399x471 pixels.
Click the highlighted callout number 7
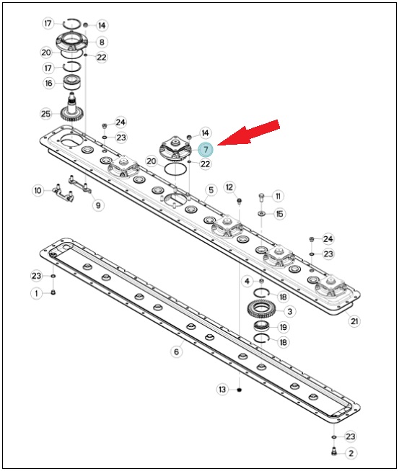(206, 149)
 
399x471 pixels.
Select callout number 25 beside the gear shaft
(45, 114)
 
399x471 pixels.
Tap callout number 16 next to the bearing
(48, 83)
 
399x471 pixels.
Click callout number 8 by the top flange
(102, 42)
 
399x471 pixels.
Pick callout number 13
(222, 390)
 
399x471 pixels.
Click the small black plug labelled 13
(240, 390)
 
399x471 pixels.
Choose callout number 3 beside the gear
(290, 311)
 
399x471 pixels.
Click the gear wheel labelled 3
(261, 309)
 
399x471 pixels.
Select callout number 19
(283, 327)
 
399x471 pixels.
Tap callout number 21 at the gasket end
(354, 321)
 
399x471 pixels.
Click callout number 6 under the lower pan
(176, 351)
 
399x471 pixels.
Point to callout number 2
(351, 453)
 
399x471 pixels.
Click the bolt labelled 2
(334, 452)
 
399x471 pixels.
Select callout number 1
(37, 293)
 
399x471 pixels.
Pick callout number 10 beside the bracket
(38, 190)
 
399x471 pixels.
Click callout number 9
(98, 205)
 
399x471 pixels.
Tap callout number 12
(229, 187)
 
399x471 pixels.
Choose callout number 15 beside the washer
(279, 214)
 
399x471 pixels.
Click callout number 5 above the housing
(211, 190)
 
